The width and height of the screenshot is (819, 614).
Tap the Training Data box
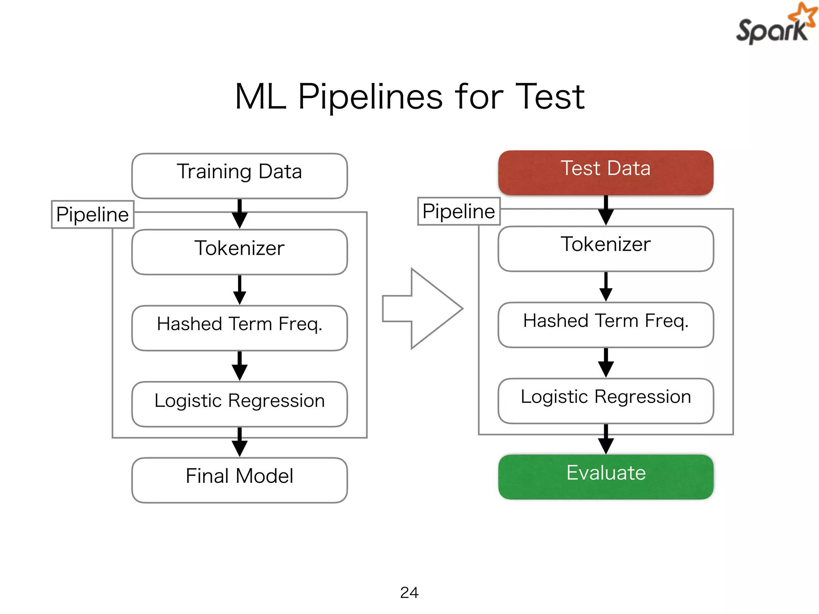pos(239,175)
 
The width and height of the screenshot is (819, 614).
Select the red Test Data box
pos(605,172)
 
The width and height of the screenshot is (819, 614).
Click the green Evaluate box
pos(605,476)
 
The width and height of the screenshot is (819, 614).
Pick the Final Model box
pos(239,480)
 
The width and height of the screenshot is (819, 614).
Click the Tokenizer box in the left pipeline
pos(239,252)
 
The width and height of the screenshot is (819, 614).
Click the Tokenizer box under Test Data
pos(605,248)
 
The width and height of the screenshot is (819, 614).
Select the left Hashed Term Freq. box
pos(239,328)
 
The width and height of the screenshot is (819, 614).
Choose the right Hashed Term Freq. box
pos(605,324)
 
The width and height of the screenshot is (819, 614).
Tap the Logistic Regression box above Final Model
pos(239,404)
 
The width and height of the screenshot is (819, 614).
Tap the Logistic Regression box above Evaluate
pos(605,401)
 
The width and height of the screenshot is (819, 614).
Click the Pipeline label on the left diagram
pos(92,215)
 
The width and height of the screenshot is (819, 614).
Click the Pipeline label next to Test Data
pos(458,211)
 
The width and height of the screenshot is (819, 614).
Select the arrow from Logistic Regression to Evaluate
pos(605,440)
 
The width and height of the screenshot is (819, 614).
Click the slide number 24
pos(409,592)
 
